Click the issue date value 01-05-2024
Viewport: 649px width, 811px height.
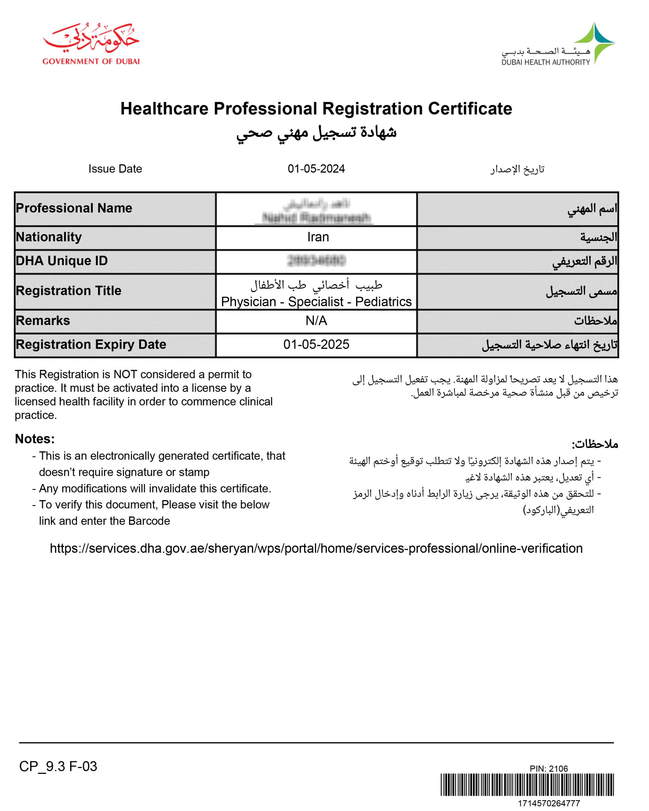pyautogui.click(x=316, y=169)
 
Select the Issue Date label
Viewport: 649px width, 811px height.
pyautogui.click(x=115, y=169)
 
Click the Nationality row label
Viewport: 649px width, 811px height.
pyautogui.click(x=49, y=237)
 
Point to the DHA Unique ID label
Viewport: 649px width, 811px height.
pyautogui.click(x=62, y=261)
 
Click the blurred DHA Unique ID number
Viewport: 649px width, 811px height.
pyautogui.click(x=316, y=261)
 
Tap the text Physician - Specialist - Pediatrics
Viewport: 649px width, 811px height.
pyautogui.click(x=316, y=302)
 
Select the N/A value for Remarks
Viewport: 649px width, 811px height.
pyautogui.click(x=316, y=321)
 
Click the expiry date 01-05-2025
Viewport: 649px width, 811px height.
pyautogui.click(x=316, y=345)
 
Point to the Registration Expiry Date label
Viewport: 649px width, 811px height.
pyautogui.click(x=91, y=345)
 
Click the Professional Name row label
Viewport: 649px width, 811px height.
pyautogui.click(x=74, y=208)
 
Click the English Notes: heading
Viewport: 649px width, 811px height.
pyautogui.click(x=35, y=439)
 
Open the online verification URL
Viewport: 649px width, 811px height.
pyautogui.click(x=316, y=548)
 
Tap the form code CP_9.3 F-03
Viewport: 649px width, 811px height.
pyautogui.click(x=58, y=766)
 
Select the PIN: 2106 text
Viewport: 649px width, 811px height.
pyautogui.click(x=549, y=769)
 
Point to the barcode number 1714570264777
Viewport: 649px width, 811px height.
pyautogui.click(x=549, y=803)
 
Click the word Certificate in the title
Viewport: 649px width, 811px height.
pyautogui.click(x=470, y=109)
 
